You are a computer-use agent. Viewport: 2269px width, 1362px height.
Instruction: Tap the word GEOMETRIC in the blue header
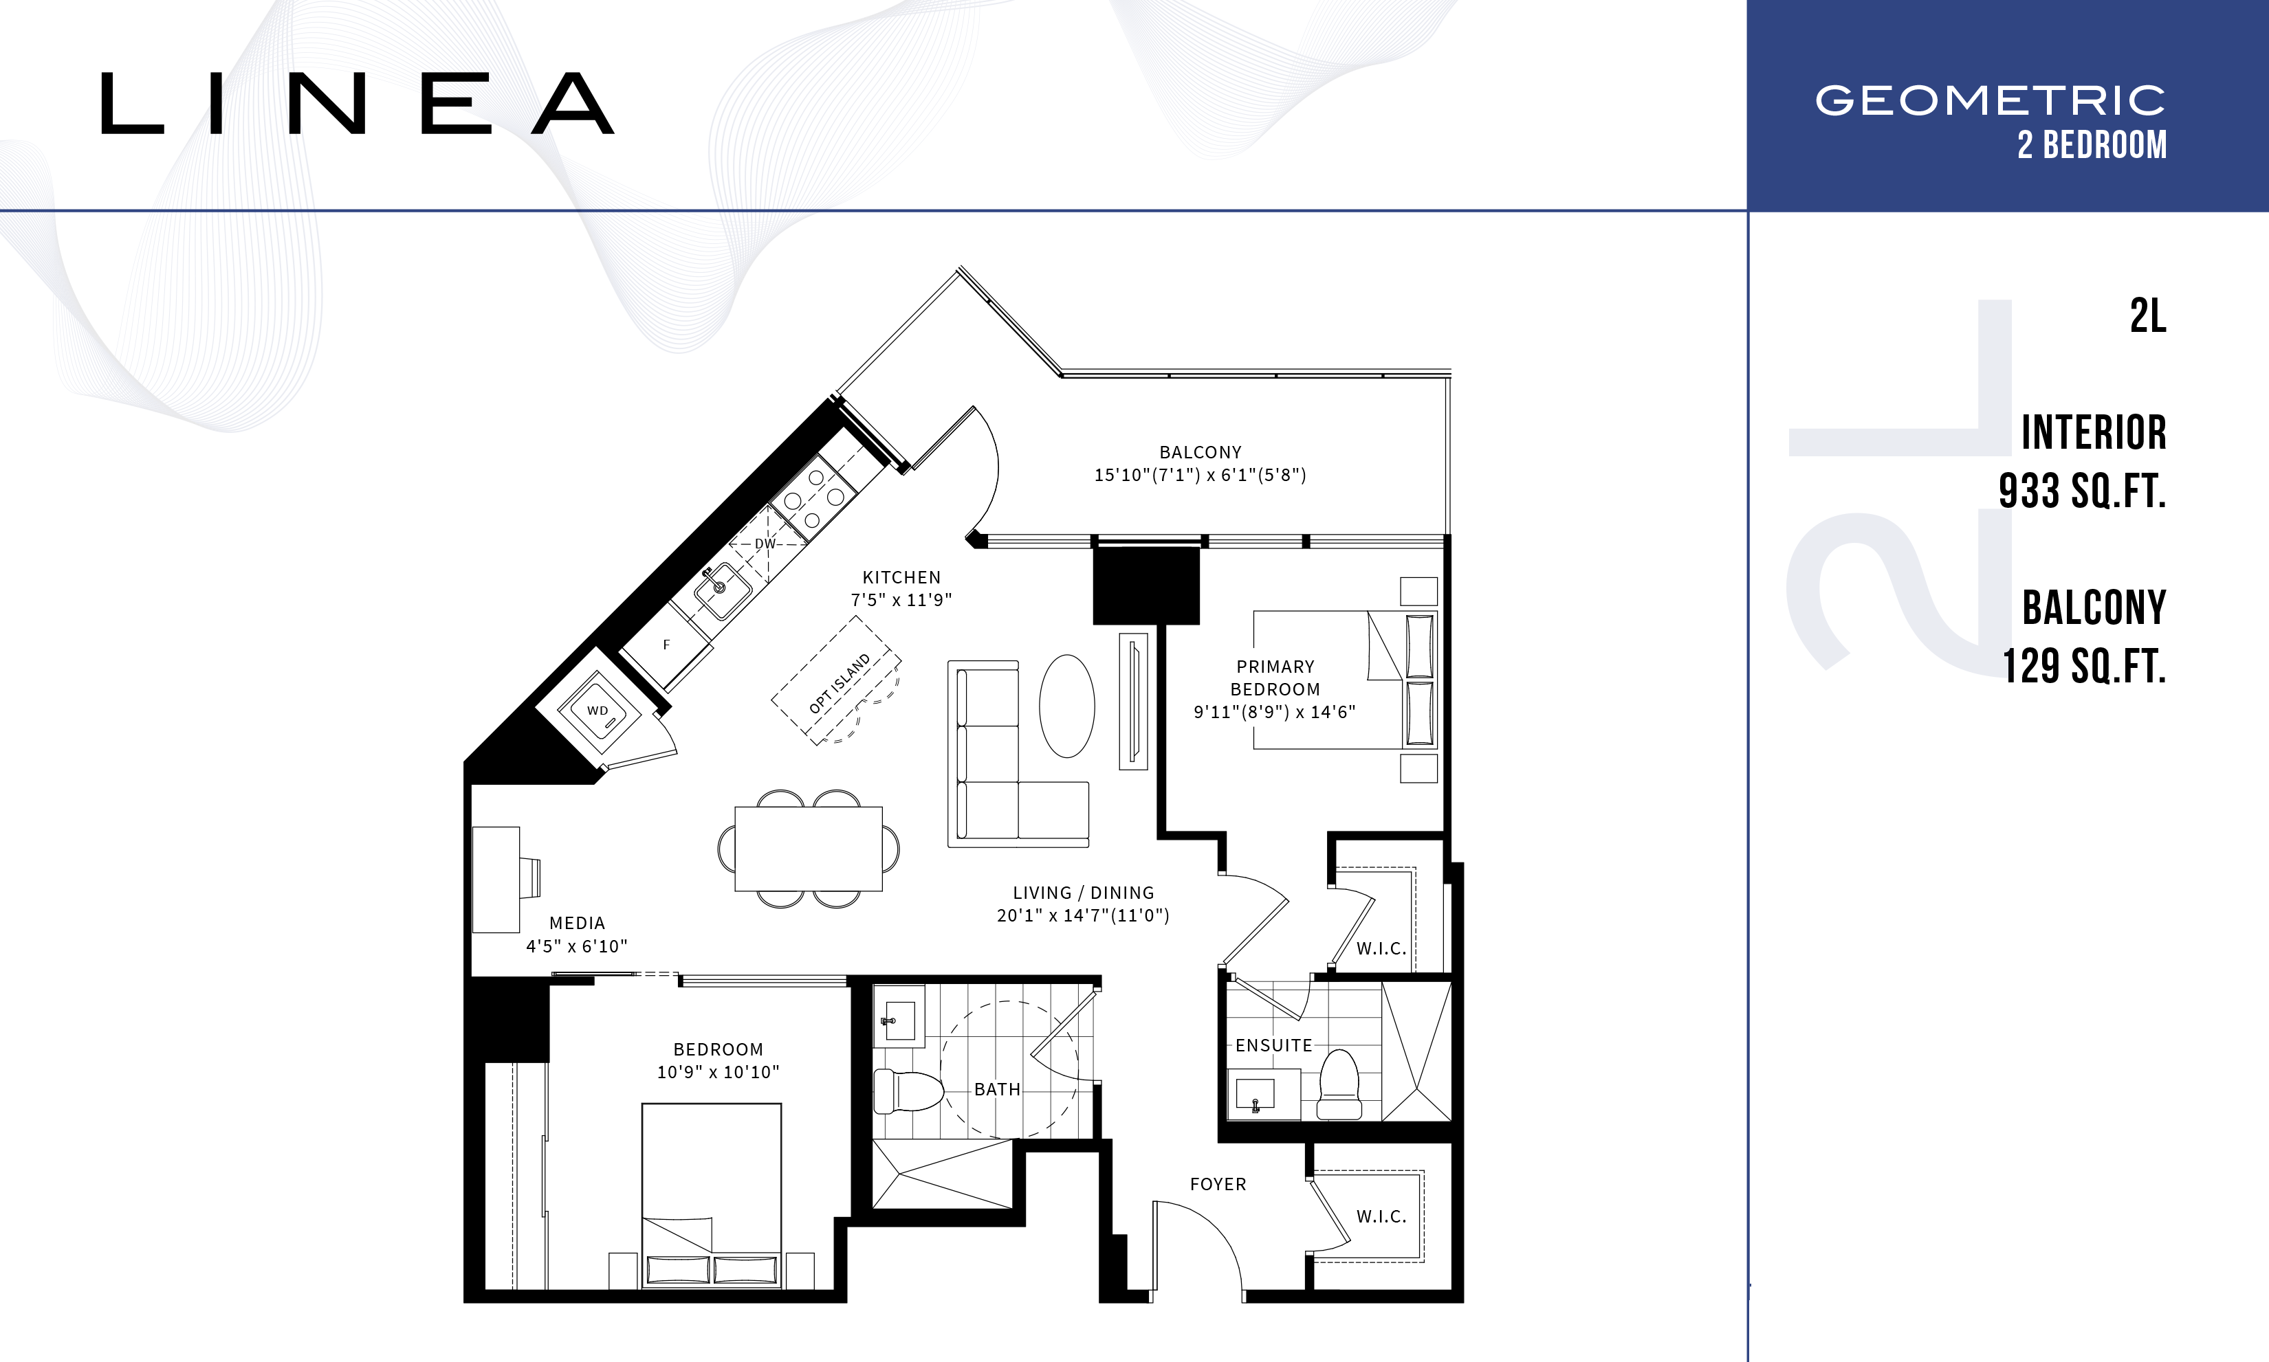tap(1991, 101)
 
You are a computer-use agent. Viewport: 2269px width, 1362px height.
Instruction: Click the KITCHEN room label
tap(901, 577)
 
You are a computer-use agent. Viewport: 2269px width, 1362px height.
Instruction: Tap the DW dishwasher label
tap(765, 544)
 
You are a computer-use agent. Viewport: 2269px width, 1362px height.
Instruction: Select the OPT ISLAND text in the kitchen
tap(840, 684)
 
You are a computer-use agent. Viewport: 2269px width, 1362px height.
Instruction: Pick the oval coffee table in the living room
tap(1067, 706)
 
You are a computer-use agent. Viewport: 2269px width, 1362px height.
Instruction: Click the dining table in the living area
tap(808, 849)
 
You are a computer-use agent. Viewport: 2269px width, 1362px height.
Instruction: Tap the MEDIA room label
tap(578, 924)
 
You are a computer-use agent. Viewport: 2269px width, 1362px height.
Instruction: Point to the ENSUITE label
tap(1273, 1045)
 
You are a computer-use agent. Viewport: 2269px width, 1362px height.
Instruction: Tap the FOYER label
tap(1218, 1185)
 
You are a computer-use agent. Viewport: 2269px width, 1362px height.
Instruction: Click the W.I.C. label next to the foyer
tap(1382, 1217)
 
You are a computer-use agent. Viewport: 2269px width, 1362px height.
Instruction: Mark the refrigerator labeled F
tap(667, 645)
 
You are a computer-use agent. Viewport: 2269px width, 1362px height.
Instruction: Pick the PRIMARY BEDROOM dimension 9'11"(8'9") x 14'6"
tap(1275, 711)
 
